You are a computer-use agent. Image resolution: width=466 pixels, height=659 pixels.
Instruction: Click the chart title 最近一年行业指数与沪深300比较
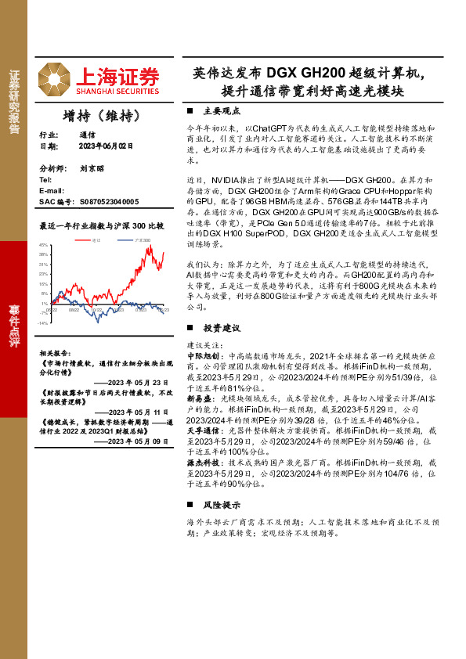point(101,225)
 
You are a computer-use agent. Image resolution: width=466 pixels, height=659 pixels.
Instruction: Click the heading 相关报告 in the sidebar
point(54,353)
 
